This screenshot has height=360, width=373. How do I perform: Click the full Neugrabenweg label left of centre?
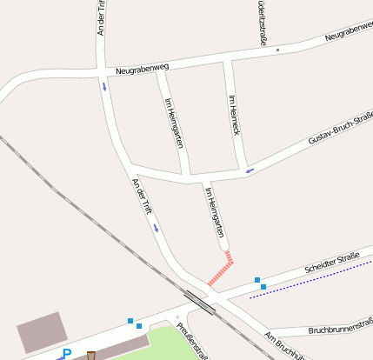coord(142,68)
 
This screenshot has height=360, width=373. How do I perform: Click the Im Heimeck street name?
coord(234,115)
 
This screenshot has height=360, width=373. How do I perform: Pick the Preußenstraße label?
coord(192,341)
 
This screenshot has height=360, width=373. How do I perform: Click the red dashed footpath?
coord(221,269)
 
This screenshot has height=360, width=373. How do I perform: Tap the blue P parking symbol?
coord(66,354)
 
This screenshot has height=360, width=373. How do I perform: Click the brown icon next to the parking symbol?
coord(92,355)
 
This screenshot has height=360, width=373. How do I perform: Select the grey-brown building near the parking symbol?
coord(41,331)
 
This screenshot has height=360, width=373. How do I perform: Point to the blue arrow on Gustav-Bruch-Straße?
coord(250,170)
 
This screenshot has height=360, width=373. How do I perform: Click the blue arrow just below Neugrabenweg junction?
coord(104,86)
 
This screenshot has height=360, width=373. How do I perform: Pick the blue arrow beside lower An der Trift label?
coord(157,228)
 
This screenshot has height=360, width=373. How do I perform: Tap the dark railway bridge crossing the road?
coord(201,301)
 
